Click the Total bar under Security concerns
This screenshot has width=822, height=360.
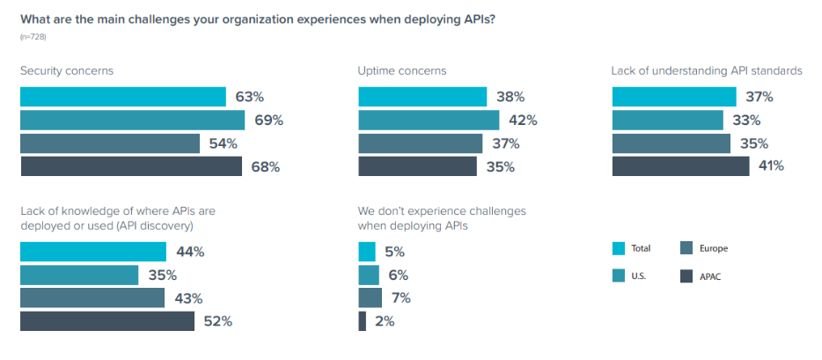(x=123, y=97)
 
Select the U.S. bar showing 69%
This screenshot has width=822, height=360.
(x=132, y=121)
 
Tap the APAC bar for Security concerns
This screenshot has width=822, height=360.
(x=131, y=166)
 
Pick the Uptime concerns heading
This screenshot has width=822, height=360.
(x=402, y=70)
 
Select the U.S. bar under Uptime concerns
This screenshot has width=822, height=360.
(x=429, y=121)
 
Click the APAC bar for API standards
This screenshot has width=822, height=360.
(x=680, y=166)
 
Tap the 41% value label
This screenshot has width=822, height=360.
(x=767, y=166)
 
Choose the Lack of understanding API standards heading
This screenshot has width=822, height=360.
(x=706, y=70)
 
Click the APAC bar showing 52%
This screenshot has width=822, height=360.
(x=107, y=321)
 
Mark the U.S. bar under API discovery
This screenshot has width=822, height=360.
(x=79, y=276)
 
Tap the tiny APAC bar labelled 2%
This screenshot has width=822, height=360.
(x=362, y=321)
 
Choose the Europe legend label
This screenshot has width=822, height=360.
(x=713, y=249)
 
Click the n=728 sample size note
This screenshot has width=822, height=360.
(x=33, y=35)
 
